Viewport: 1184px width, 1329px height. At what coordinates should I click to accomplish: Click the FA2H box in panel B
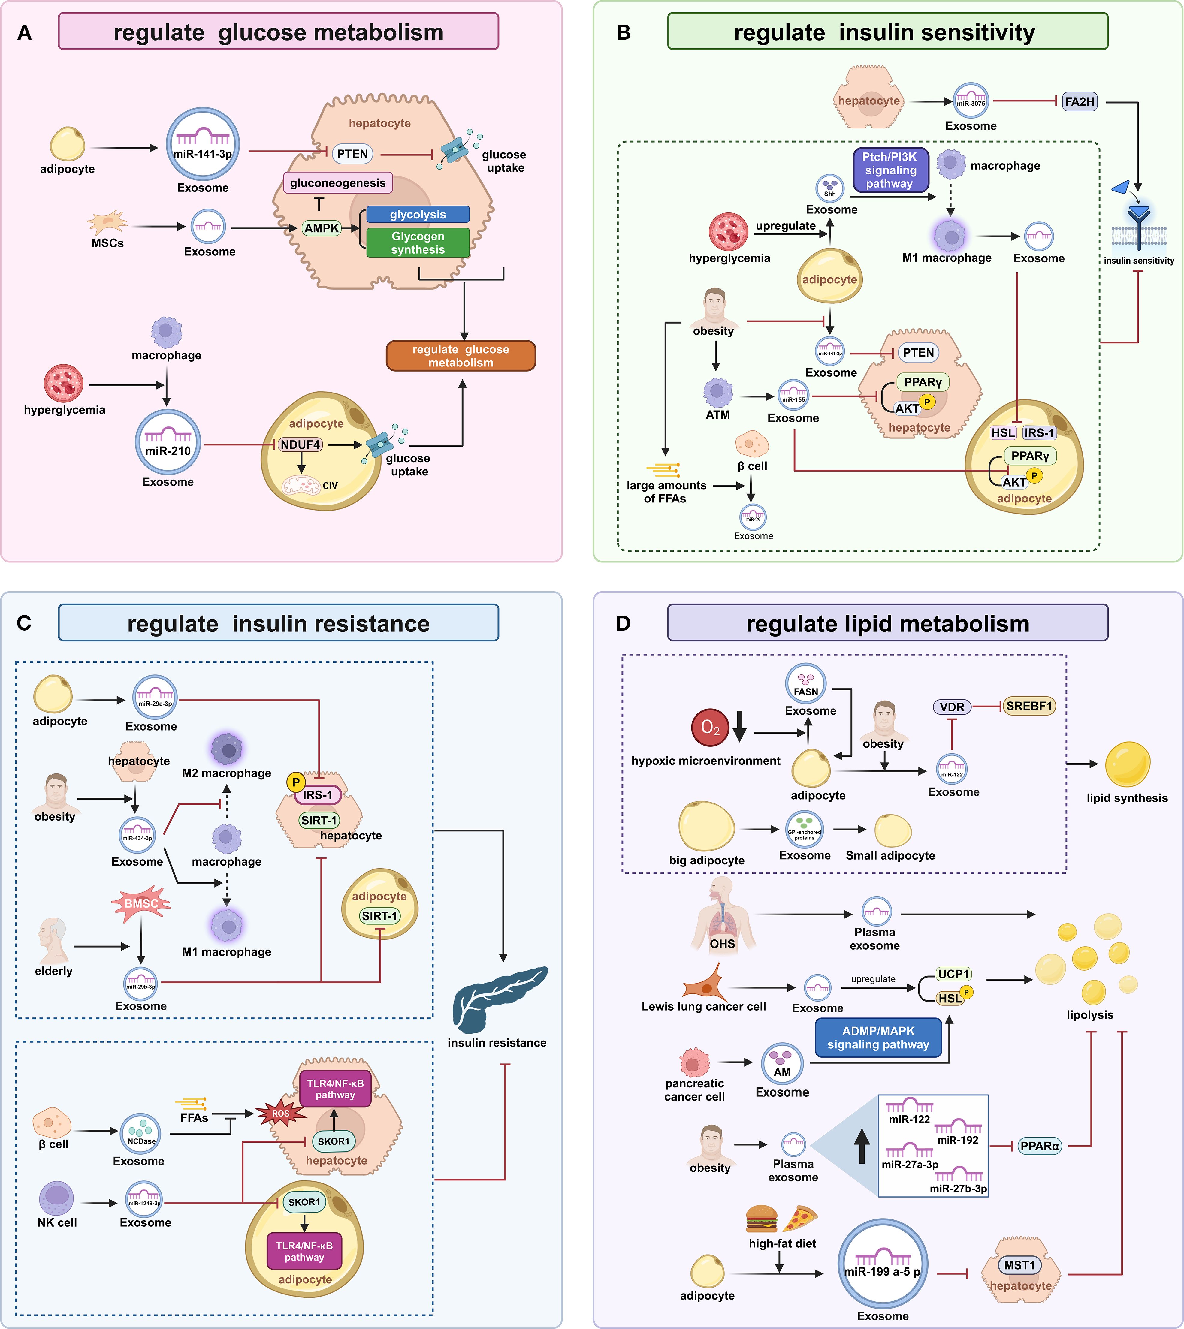1079,101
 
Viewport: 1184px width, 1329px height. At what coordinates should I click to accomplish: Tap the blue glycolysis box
418,214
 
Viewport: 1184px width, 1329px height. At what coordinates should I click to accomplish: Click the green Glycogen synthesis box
418,243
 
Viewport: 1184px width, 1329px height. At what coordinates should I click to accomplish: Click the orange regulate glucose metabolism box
461,356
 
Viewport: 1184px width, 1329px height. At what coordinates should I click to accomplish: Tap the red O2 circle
710,727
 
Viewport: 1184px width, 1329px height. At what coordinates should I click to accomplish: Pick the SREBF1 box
1028,706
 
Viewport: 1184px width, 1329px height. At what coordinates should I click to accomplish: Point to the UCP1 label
953,974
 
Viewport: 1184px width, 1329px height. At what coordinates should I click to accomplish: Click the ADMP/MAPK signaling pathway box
878,1038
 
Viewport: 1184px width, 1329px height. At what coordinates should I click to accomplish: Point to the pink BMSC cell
141,903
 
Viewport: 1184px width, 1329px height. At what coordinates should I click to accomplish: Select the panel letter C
24,623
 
